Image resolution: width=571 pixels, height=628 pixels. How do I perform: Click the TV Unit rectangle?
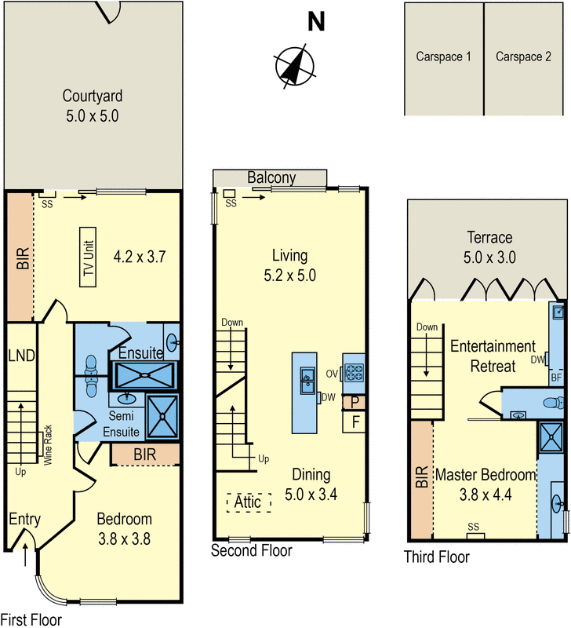88,257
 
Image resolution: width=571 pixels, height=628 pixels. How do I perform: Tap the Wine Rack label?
48,445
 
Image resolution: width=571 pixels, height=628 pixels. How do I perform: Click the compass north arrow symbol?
295,66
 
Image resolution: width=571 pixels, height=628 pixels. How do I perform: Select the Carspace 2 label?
523,57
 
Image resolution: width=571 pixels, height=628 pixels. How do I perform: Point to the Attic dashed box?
249,502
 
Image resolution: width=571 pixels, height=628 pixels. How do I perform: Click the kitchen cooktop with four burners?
355,374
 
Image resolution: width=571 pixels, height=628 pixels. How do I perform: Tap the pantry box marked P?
354,403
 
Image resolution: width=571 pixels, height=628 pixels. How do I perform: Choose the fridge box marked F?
354,422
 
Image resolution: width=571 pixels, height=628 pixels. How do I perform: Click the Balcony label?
271,177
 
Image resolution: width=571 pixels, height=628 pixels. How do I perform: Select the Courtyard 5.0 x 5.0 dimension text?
93,116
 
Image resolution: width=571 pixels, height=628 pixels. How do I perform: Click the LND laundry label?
22,356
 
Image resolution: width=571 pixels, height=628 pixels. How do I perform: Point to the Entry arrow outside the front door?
25,554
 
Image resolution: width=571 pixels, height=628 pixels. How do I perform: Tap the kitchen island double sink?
307,380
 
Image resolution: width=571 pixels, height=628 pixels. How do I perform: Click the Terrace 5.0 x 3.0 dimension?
489,257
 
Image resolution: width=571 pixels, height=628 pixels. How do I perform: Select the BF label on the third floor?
556,378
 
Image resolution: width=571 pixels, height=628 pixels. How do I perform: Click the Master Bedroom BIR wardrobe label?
422,476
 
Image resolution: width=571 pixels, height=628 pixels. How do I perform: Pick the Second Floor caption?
251,551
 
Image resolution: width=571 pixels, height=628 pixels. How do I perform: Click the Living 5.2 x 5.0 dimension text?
289,276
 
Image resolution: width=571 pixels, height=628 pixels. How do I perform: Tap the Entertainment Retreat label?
493,356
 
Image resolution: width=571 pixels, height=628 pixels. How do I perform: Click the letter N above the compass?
316,21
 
